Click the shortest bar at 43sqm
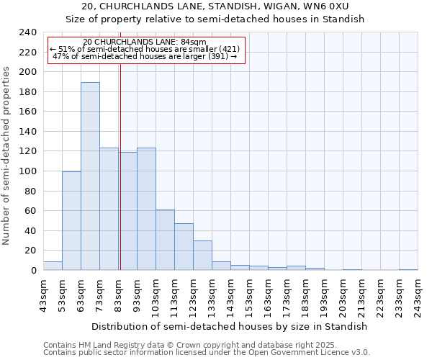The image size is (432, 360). click(x=53, y=266)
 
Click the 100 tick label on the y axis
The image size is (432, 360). click(x=28, y=171)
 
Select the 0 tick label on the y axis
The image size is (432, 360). click(x=34, y=271)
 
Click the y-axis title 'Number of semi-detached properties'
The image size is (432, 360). click(x=7, y=156)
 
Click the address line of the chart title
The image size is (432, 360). click(x=215, y=7)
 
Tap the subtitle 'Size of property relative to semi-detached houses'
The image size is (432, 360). click(x=215, y=19)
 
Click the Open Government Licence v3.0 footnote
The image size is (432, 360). click(x=207, y=353)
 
